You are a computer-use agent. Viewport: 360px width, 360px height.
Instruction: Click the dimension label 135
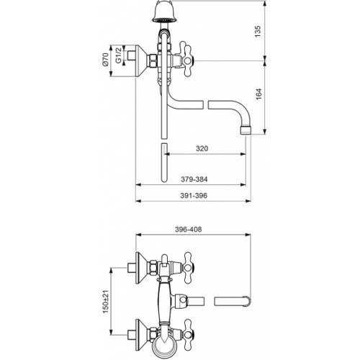258,31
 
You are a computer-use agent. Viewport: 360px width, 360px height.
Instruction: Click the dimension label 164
258,94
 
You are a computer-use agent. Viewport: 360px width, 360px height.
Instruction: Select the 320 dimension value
202,148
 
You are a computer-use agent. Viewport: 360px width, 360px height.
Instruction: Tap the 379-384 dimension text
194,179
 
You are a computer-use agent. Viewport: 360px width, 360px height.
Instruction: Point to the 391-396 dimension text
194,196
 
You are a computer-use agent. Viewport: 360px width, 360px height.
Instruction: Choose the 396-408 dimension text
189,230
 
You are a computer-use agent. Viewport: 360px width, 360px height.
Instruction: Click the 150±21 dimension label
106,302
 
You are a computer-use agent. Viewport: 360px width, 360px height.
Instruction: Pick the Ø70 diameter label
106,60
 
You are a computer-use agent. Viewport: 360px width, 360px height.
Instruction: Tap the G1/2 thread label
118,55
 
